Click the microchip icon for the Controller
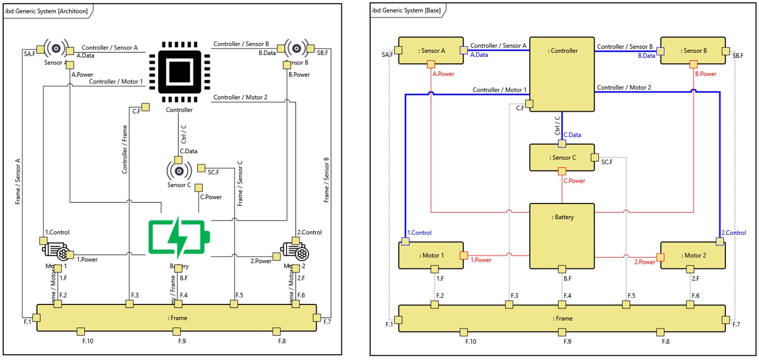click(x=179, y=72)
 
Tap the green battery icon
click(x=179, y=237)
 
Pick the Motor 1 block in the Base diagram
click(x=431, y=256)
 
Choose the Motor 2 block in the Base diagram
click(x=693, y=256)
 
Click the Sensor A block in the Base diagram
click(x=431, y=51)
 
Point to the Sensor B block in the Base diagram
click(x=693, y=51)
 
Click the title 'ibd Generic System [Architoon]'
click(x=46, y=11)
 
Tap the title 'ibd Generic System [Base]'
click(x=406, y=10)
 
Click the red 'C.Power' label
click(x=574, y=181)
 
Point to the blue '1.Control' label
click(x=420, y=233)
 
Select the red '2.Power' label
click(x=645, y=262)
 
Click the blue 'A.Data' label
click(x=479, y=55)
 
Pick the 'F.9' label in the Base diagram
click(x=567, y=342)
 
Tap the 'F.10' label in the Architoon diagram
click(x=88, y=341)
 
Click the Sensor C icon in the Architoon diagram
click(x=179, y=171)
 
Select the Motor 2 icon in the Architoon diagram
click(x=295, y=252)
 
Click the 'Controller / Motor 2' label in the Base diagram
click(x=624, y=88)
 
